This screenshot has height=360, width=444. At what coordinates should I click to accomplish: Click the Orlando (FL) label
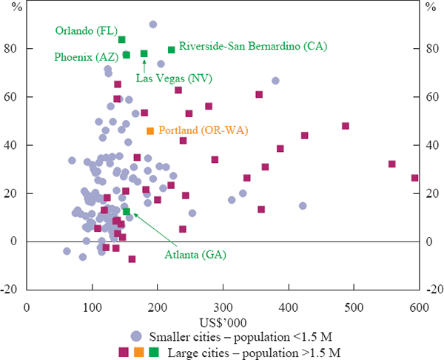pos(85,30)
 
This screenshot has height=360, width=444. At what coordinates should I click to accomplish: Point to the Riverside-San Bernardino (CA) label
pos(241,46)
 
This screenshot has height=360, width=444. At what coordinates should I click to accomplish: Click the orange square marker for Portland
pos(150,131)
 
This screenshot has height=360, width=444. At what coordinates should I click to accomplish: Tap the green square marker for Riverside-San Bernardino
pos(172,50)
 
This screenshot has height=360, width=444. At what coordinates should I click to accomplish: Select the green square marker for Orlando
pos(122,40)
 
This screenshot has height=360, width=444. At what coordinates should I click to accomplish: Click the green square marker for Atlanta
pos(127,212)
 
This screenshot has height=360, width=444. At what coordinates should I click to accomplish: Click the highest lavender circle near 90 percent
pos(152,24)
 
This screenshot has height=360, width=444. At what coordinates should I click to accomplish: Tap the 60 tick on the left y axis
pos(13,97)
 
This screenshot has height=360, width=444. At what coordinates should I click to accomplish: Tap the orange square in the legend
pos(138,350)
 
